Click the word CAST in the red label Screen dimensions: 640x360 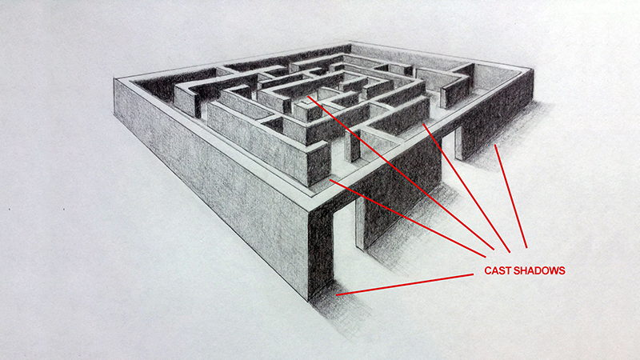498,270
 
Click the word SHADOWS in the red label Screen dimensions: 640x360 539,270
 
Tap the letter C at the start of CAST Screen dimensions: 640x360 488,270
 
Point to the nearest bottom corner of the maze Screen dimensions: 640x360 308,301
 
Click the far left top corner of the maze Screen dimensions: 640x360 114,78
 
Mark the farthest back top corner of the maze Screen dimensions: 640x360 350,42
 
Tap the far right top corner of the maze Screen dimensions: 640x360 534,69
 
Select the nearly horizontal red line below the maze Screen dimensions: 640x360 405,285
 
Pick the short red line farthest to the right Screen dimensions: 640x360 510,196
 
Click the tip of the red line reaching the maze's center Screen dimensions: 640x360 308,97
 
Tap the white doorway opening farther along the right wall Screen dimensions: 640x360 449,144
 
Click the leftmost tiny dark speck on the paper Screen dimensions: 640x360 9,210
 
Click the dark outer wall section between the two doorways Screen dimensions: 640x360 402,192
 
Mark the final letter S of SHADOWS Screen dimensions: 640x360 562,270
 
